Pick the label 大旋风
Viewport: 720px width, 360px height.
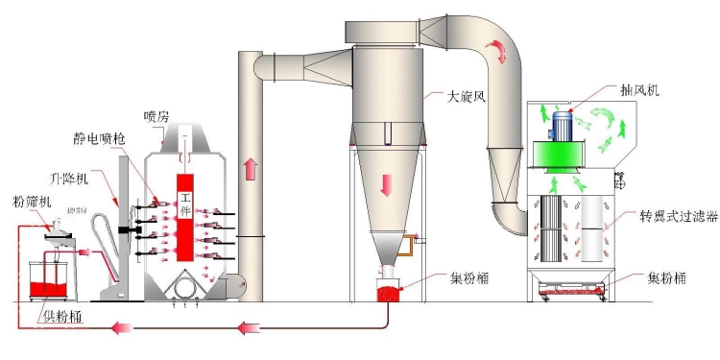point(468,96)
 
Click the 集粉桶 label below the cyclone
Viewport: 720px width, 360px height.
point(468,279)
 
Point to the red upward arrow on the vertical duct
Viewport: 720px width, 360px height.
point(252,170)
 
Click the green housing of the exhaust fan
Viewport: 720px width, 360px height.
point(566,159)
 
